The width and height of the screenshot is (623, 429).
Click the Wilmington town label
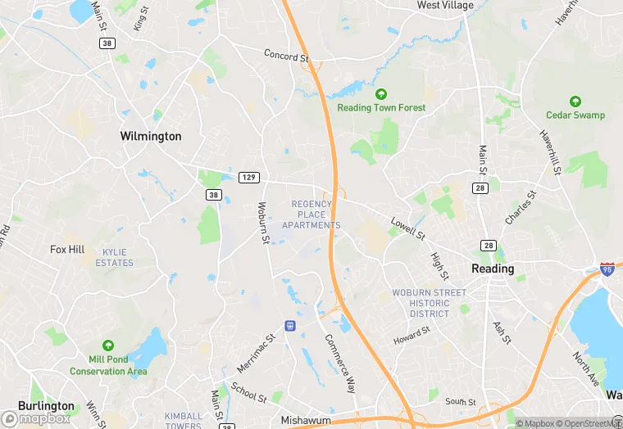click(151, 136)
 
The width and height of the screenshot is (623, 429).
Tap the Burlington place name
click(46, 406)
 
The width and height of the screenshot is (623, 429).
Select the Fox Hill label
click(67, 250)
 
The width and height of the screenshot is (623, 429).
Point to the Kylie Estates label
click(114, 258)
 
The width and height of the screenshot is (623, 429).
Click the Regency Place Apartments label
click(311, 214)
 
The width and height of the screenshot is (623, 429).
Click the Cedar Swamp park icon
click(575, 102)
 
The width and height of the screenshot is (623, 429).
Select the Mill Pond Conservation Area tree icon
click(108, 346)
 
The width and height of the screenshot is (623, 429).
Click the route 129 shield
click(249, 178)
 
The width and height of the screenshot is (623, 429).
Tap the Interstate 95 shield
click(607, 269)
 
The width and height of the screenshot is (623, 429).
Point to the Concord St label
click(286, 56)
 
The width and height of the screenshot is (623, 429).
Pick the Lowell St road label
click(407, 229)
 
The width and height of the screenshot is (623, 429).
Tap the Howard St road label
click(411, 335)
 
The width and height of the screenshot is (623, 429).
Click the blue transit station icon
click(289, 326)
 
